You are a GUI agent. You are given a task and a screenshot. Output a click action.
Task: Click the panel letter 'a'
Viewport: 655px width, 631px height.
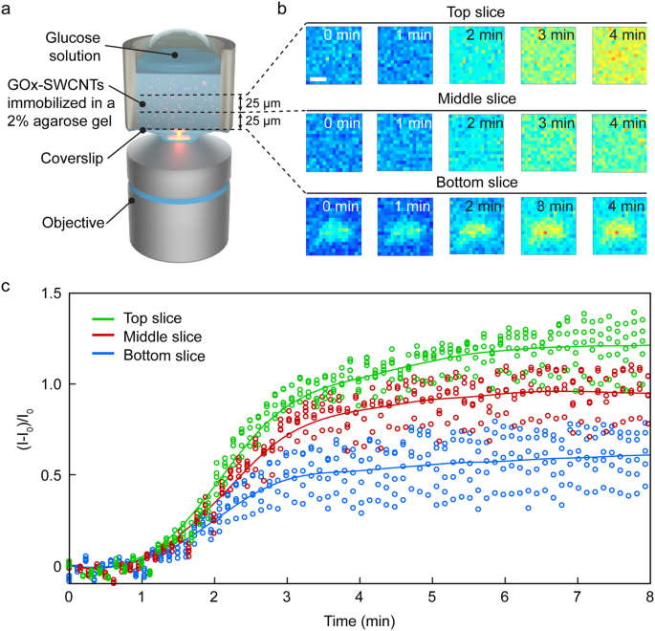click(x=7, y=10)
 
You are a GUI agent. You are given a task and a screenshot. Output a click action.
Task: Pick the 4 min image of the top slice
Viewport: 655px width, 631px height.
click(x=621, y=55)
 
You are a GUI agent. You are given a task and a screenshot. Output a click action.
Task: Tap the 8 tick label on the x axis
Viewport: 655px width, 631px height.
click(x=649, y=597)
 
